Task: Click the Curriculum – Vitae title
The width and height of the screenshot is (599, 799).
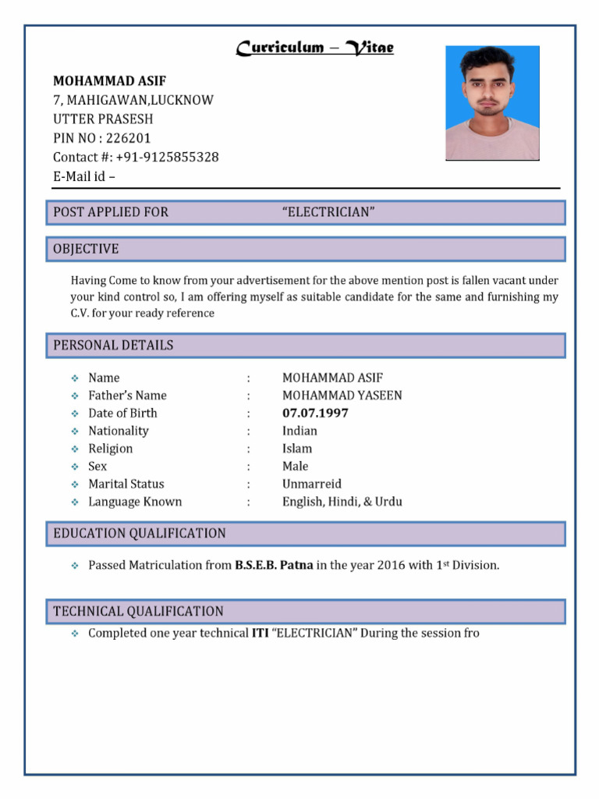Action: [x=315, y=48]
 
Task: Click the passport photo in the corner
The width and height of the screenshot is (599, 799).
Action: [x=492, y=103]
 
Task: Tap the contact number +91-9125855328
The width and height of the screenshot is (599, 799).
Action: [x=167, y=157]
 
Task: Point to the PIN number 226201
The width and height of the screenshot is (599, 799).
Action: [x=129, y=138]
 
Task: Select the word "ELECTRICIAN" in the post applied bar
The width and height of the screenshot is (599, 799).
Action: [x=328, y=211]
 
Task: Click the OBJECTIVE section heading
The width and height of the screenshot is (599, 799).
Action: [x=86, y=249]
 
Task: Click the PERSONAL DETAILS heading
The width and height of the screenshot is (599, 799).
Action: [x=113, y=345]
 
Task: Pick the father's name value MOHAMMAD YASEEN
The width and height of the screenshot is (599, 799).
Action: [x=342, y=396]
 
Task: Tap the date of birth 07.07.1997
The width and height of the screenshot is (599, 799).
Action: [x=315, y=413]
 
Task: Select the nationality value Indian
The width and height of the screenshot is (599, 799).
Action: [x=299, y=431]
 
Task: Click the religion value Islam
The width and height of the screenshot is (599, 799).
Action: [x=296, y=449]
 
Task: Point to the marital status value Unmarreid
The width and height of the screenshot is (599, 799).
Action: [x=312, y=484]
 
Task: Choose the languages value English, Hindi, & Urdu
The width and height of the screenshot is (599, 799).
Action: [x=342, y=502]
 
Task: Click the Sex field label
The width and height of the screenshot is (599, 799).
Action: [x=97, y=466]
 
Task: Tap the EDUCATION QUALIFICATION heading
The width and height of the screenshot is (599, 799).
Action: [x=140, y=534]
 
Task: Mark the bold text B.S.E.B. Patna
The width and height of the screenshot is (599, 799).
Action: [x=274, y=565]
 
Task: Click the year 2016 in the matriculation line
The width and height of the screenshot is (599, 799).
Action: [x=391, y=565]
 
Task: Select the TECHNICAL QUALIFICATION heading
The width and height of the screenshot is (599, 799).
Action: [x=138, y=612]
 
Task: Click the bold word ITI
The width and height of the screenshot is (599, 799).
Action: [x=260, y=633]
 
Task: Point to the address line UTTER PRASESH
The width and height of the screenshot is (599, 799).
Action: [x=103, y=119]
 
